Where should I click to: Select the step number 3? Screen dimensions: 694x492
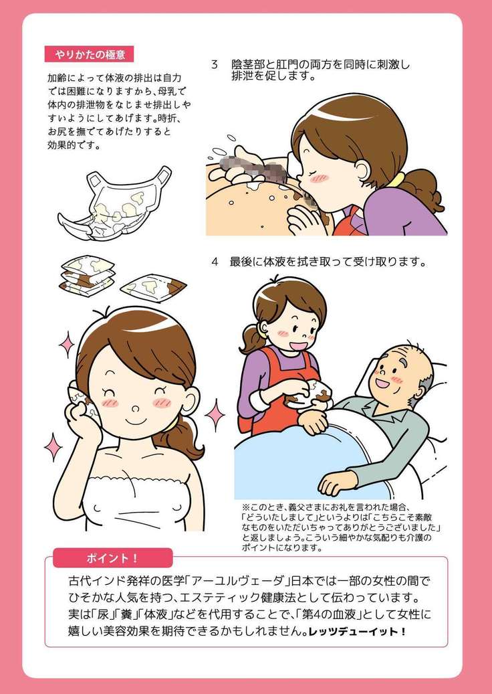click(215, 65)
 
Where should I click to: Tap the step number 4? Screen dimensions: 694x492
click(215, 262)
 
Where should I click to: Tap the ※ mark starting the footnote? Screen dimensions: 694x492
click(246, 507)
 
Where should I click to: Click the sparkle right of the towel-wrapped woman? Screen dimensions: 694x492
click(215, 415)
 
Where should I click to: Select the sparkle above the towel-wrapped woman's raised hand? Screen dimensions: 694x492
click(67, 345)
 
